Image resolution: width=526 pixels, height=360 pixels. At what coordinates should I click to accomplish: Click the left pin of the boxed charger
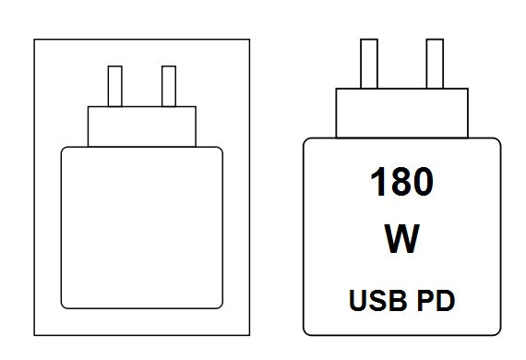(115, 86)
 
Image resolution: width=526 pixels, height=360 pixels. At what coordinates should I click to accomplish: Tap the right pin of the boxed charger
(169, 86)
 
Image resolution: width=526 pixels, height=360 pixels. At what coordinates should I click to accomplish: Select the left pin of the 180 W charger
(369, 64)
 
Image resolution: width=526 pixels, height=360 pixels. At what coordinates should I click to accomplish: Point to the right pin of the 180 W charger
(435, 64)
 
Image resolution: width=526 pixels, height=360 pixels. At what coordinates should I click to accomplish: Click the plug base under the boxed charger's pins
(142, 126)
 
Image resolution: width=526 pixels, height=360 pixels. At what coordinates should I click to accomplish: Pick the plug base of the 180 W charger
(401, 113)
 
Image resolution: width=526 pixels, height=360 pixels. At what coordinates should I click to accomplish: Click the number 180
(401, 181)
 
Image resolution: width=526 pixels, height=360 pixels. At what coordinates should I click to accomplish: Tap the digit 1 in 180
(378, 181)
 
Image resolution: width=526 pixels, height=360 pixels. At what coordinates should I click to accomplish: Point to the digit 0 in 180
(423, 181)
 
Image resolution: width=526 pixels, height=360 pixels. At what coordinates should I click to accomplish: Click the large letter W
(401, 239)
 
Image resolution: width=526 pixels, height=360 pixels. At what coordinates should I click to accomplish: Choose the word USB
(378, 300)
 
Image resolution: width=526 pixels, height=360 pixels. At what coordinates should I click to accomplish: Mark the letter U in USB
(358, 301)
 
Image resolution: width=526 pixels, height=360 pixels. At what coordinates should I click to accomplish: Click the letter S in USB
(378, 300)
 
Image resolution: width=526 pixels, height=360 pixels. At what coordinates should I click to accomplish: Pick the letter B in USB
(399, 300)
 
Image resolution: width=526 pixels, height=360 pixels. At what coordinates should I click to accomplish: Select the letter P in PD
(425, 300)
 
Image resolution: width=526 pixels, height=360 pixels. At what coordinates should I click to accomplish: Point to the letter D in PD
(446, 300)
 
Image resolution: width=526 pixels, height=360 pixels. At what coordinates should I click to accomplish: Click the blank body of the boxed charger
(142, 227)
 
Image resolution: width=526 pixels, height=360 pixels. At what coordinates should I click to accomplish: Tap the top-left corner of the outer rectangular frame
(34, 40)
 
